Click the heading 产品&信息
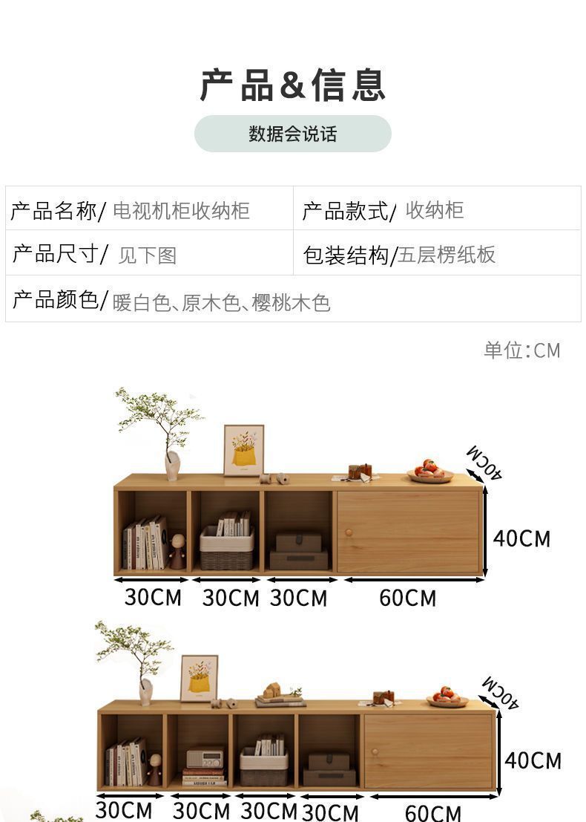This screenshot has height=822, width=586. pos(293,85)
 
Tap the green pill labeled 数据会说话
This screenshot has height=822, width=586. pos(293,134)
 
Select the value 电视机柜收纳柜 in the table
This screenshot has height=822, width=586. pos(181,211)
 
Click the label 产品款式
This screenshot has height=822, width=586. pos(345,211)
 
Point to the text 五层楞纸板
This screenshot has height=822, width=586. pos(447,255)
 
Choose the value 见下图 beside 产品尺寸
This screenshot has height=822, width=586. pos(148,255)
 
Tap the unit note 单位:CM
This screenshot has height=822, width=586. pos(522,350)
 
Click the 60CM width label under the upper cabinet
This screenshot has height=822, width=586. pos(408,598)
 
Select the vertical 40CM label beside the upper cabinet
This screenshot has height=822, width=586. pos(522,538)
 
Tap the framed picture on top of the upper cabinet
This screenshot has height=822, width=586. pos(243,450)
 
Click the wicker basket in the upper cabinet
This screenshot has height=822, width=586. pos(226,549)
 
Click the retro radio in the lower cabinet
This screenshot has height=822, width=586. pos(204,758)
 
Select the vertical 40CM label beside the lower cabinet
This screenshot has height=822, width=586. pos(533,760)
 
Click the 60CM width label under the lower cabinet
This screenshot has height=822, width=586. pos(432,812)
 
